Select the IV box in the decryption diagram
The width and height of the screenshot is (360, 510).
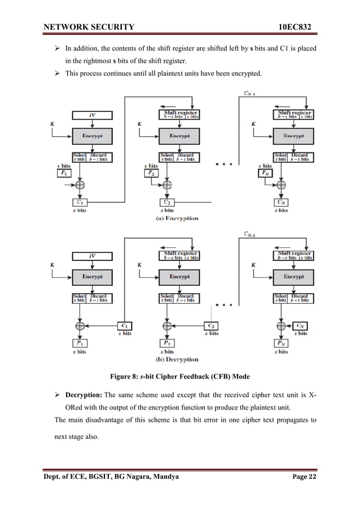[x=92, y=256]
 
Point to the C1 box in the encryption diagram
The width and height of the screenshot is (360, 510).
[x=80, y=202]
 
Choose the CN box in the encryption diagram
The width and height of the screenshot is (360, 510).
[x=281, y=202]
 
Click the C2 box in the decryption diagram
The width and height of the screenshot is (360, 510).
[x=210, y=326]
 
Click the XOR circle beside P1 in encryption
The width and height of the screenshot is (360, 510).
[x=80, y=185]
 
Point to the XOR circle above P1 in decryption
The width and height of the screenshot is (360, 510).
[x=80, y=326]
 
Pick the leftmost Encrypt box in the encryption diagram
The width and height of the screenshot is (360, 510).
[x=92, y=136]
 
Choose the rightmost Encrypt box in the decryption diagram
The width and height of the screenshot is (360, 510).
[x=293, y=277]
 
